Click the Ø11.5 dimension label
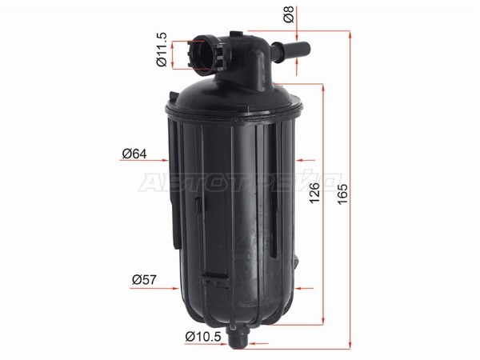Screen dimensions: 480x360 [162, 49]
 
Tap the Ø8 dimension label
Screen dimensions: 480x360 [289, 14]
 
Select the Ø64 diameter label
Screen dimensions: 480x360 [134, 154]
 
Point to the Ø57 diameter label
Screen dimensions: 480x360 [144, 279]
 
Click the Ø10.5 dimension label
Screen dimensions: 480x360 [203, 337]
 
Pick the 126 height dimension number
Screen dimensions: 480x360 [314, 193]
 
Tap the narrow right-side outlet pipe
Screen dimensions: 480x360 [291, 49]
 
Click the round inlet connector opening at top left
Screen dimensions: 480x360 [202, 54]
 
